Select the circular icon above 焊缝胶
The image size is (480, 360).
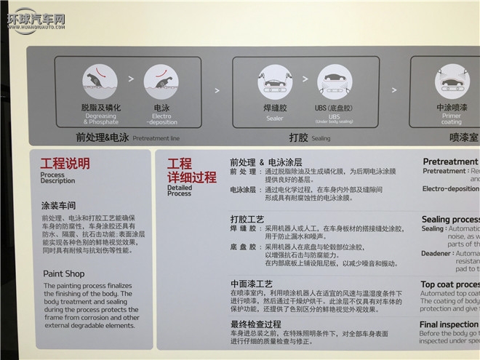pyautogui.click(x=273, y=81)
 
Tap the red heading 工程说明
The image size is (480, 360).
pyautogui.click(x=65, y=163)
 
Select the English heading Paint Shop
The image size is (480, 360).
pyautogui.click(x=63, y=273)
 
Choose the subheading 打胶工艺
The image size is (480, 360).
pyautogui.click(x=247, y=218)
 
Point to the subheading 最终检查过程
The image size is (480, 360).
pyautogui.click(x=255, y=324)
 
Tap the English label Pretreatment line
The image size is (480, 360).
pyautogui.click(x=155, y=137)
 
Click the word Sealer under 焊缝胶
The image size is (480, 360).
pyautogui.click(x=273, y=116)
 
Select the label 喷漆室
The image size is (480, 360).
pyautogui.click(x=463, y=137)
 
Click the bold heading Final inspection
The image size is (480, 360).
pyautogui.click(x=449, y=324)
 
